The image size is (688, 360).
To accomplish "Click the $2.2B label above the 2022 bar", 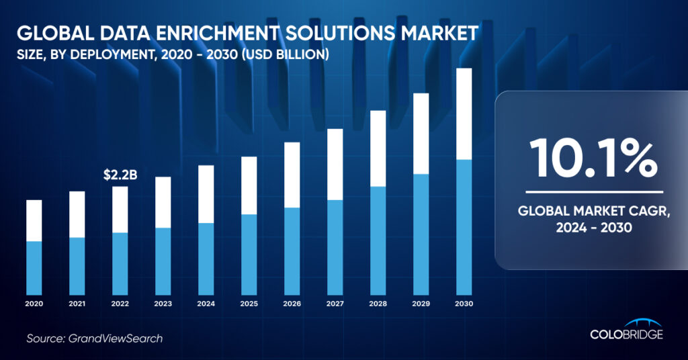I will (x=120, y=176).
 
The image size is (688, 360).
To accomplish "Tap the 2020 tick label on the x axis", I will (x=34, y=304).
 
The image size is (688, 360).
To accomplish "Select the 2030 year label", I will (x=464, y=304).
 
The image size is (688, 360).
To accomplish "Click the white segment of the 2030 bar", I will (x=464, y=114).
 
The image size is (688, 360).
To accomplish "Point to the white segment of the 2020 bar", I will (x=34, y=220).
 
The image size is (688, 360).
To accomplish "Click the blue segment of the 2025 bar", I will (x=249, y=255).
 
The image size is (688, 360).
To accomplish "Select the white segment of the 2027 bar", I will (x=335, y=164).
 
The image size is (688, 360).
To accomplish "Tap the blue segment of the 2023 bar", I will (x=163, y=261).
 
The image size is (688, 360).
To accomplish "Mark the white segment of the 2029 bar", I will (x=421, y=134).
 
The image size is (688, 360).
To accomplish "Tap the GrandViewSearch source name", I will (x=116, y=339).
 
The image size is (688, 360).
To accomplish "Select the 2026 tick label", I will (x=292, y=304).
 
